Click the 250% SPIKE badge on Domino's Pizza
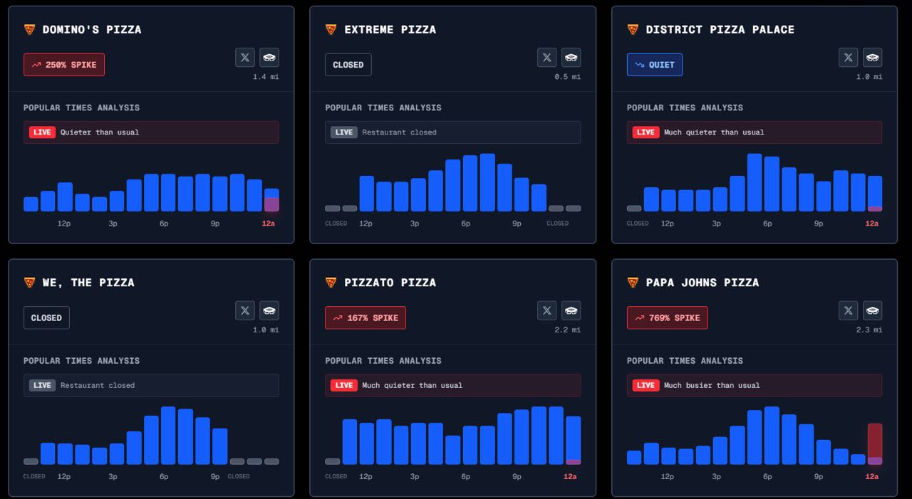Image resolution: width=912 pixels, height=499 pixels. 64,65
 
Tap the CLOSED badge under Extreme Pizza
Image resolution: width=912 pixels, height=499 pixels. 348,65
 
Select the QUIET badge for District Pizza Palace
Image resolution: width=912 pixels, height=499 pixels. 654,65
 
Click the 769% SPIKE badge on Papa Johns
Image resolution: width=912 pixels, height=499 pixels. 667,317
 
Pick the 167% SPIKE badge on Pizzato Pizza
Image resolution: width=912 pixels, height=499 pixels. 365,317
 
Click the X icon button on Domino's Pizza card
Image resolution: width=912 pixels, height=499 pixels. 245,58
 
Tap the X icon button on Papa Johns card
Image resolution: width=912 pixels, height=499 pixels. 848,310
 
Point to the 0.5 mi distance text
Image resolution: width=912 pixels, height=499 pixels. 567,77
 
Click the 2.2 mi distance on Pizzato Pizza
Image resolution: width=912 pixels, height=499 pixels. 567,330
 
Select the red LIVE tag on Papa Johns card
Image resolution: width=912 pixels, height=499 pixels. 646,385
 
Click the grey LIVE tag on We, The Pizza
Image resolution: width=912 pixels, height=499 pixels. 42,385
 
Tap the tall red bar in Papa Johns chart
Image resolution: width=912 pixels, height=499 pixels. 874,443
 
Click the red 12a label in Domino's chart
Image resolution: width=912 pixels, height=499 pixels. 268,224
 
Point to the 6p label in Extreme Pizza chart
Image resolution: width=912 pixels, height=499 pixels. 466,224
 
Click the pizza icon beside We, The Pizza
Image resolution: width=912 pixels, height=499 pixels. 29,283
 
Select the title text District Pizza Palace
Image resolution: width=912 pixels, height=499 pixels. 720,29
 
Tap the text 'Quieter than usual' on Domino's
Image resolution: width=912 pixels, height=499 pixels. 100,132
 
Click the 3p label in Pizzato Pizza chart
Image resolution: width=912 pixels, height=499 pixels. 415,476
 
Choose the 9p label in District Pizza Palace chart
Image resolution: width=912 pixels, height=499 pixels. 819,224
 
